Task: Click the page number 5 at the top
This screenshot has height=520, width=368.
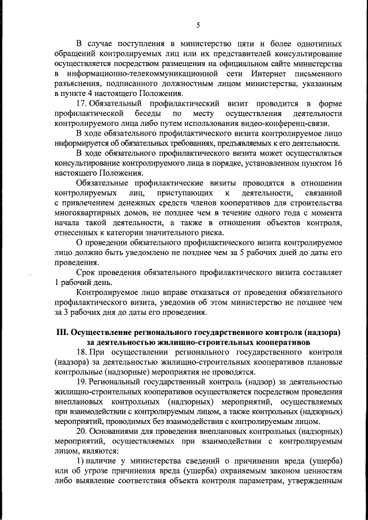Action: (198, 24)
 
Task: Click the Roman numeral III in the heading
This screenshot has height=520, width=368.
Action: (62, 333)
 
